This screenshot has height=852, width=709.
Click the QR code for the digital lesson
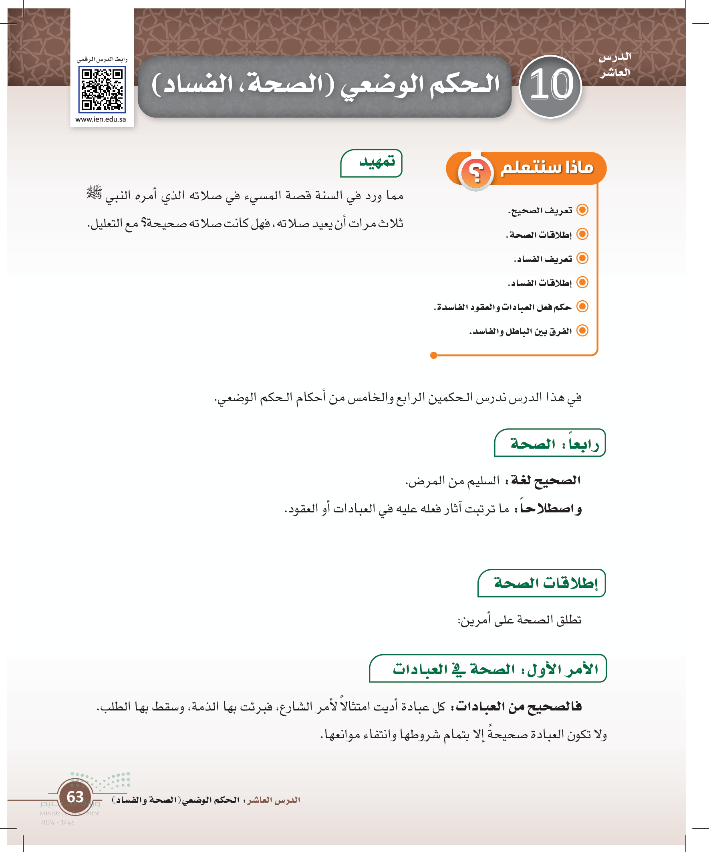tap(102, 90)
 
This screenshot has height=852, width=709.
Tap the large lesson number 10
tap(551, 86)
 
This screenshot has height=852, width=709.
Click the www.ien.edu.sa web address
tap(101, 119)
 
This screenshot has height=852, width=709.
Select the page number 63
tap(75, 796)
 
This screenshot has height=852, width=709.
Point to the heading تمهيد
tap(377, 162)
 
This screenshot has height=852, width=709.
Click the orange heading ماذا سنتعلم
tap(546, 167)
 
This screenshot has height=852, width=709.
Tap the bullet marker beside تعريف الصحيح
tap(582, 210)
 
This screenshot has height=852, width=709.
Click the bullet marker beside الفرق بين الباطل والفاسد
tap(582, 331)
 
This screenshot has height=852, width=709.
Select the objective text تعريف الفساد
tap(543, 259)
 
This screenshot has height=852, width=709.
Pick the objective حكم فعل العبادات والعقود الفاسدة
tap(503, 307)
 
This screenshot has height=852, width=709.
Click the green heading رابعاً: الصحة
tap(554, 443)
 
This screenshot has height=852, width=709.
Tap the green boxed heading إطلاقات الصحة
tap(545, 583)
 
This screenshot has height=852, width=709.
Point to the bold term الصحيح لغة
tap(546, 480)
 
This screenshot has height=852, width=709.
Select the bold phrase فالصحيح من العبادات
tap(519, 706)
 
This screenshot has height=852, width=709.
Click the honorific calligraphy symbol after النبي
tap(95, 193)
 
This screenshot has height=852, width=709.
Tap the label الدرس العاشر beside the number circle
tap(615, 65)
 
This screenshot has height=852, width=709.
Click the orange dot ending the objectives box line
tap(433, 355)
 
